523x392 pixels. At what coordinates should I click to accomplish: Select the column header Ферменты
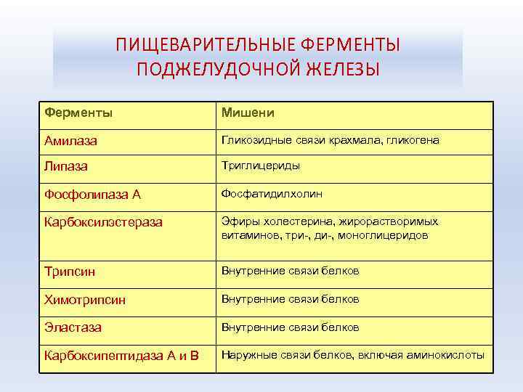(x=78, y=113)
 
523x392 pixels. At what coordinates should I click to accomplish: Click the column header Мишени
(x=248, y=113)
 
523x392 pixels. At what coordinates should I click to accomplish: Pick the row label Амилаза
(x=71, y=141)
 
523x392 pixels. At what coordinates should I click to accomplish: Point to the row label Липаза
(x=66, y=166)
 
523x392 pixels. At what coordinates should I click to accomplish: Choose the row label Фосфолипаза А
(x=92, y=195)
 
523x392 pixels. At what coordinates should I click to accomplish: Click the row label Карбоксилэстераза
(x=104, y=222)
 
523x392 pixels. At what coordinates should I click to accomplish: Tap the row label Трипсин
(x=70, y=272)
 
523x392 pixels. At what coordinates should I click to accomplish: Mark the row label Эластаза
(x=73, y=328)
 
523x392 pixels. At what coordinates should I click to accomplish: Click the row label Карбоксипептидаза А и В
(x=121, y=356)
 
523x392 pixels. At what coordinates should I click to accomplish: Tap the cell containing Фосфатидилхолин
(x=272, y=194)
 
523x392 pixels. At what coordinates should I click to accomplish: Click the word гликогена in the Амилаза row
(x=413, y=139)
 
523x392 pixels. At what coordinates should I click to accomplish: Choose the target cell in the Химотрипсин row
(x=291, y=299)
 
